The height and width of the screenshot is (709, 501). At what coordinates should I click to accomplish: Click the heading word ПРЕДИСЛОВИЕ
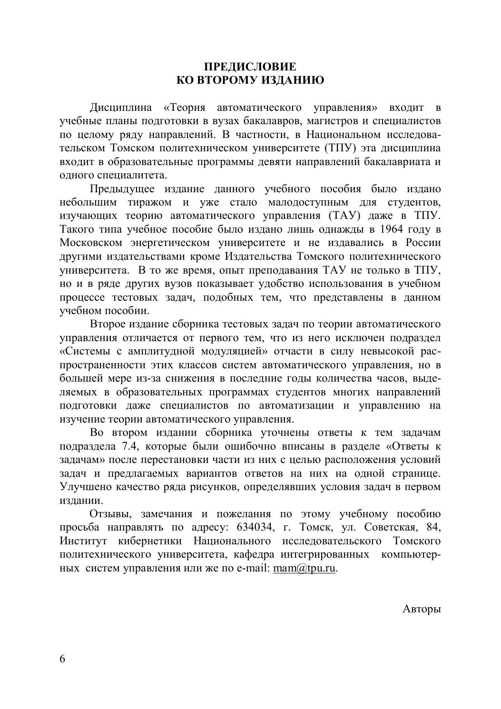pyautogui.click(x=250, y=66)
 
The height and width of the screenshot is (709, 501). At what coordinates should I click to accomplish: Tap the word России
pyautogui.click(x=422, y=243)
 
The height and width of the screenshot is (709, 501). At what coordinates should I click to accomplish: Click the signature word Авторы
pyautogui.click(x=422, y=609)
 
